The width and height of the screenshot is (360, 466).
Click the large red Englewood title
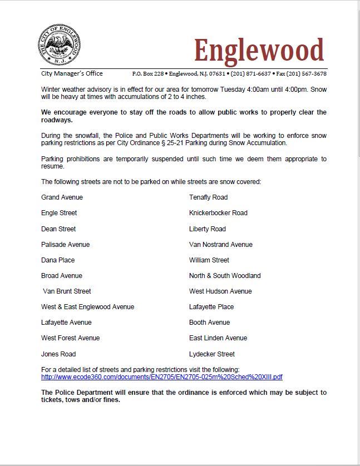coord(259,51)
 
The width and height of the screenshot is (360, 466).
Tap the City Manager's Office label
coord(72,73)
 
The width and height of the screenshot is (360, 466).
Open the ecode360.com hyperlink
coord(162,376)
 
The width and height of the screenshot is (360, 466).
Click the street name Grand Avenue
coord(62,197)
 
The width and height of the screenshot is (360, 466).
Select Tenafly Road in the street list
coord(208,197)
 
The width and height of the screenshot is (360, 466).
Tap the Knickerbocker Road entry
coord(218,213)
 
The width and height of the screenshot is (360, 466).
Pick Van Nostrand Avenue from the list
coord(220,245)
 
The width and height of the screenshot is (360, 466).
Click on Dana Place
coord(58,260)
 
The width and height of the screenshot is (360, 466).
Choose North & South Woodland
coord(225,276)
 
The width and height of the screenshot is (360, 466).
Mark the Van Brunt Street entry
coord(67,291)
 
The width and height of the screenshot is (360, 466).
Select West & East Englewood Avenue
coord(87,307)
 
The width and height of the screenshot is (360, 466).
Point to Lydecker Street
coord(212,354)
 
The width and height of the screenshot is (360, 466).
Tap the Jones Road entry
coord(58,354)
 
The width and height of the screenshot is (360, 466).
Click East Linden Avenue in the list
coord(218,338)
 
